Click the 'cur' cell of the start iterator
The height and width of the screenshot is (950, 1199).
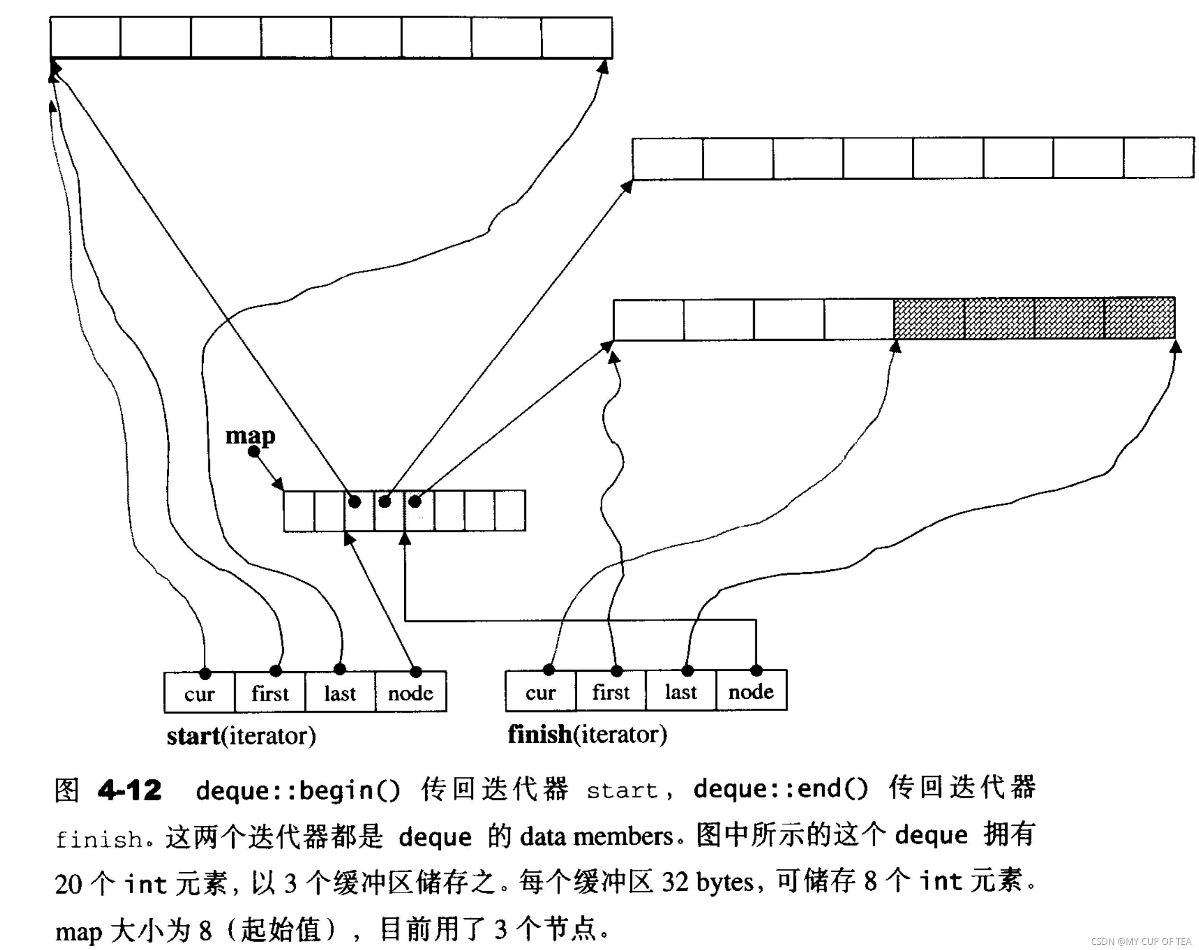point(199,693)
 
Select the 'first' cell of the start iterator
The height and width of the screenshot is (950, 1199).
point(270,693)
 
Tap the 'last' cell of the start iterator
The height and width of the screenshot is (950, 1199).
point(340,693)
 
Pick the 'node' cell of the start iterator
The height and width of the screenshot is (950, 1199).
point(410,693)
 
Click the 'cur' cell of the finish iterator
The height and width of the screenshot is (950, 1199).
point(540,692)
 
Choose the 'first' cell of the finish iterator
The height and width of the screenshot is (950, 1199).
point(610,692)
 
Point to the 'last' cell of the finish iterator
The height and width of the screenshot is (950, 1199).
point(681,692)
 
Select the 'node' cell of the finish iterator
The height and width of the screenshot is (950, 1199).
point(751,692)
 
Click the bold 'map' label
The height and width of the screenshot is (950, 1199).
point(250,436)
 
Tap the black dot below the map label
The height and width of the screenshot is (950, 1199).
point(254,452)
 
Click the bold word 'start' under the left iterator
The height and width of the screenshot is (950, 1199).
point(193,736)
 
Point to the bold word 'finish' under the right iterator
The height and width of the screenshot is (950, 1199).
point(539,734)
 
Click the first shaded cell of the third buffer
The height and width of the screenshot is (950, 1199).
point(929,318)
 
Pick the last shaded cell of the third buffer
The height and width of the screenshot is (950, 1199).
point(1139,318)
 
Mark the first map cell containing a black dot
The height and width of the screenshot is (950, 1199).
point(359,510)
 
